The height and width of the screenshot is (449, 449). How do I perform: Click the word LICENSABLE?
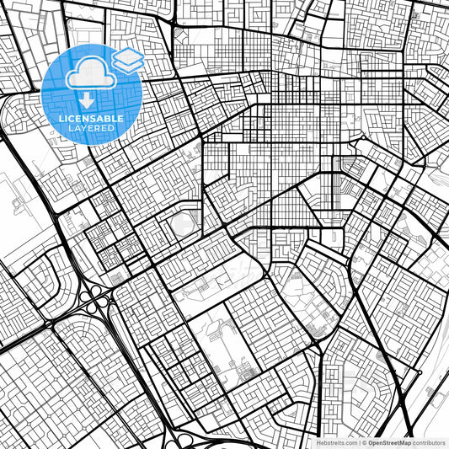coord(92,119)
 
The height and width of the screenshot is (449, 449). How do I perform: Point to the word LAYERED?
coord(92,128)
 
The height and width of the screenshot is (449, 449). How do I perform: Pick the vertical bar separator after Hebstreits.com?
coord(358,442)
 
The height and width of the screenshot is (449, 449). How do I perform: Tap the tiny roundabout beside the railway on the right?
coord(430,389)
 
